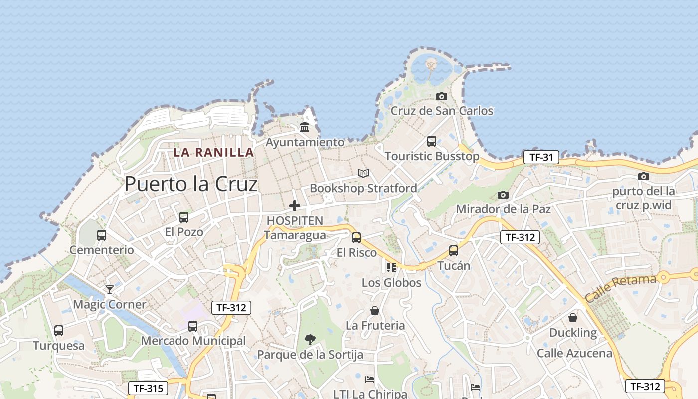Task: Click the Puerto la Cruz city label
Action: pyautogui.click(x=191, y=184)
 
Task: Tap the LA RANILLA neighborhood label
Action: pyautogui.click(x=213, y=152)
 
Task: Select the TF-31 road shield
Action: pyautogui.click(x=541, y=158)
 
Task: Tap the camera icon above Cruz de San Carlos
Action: pyautogui.click(x=442, y=96)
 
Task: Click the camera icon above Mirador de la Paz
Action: pyautogui.click(x=503, y=195)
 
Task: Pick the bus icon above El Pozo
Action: pyautogui.click(x=184, y=217)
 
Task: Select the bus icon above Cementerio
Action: pyautogui.click(x=102, y=235)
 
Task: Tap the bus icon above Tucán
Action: pyautogui.click(x=454, y=251)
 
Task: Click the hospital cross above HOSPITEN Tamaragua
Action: pyautogui.click(x=295, y=205)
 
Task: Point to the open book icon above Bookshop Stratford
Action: pyautogui.click(x=363, y=174)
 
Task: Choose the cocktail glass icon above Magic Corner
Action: pyautogui.click(x=110, y=290)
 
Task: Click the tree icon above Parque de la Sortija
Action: pyautogui.click(x=310, y=340)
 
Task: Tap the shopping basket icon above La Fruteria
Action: pyautogui.click(x=375, y=311)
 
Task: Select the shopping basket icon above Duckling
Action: pyautogui.click(x=573, y=318)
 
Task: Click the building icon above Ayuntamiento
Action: pyautogui.click(x=305, y=127)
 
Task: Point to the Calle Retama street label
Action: pyautogui.click(x=620, y=288)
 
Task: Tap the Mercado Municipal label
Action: pyautogui.click(x=193, y=341)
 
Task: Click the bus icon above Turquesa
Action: pyautogui.click(x=59, y=331)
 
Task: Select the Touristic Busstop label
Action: pyautogui.click(x=432, y=156)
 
